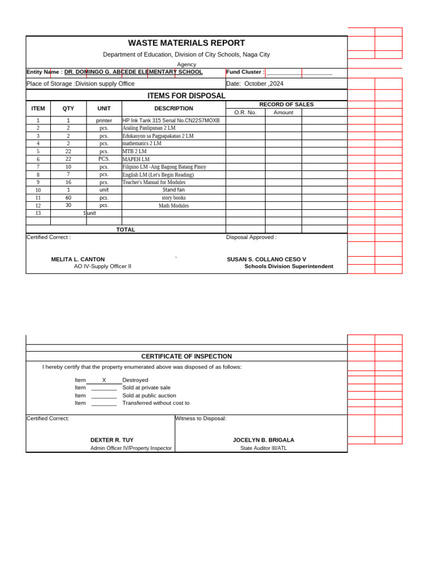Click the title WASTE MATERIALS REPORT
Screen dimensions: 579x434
[186, 43]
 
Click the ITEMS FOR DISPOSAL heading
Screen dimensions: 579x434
[186, 96]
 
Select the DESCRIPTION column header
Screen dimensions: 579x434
[173, 109]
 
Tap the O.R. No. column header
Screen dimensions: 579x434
[245, 113]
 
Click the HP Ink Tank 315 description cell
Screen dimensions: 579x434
[171, 120]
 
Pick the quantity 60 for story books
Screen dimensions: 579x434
[68, 198]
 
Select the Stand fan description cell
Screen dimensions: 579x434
[173, 190]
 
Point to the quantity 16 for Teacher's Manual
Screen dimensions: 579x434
[68, 182]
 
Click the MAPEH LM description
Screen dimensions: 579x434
[136, 159]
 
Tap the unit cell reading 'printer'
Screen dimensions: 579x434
[104, 120]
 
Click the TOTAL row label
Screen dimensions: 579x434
[125, 230]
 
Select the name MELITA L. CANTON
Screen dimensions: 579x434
[78, 260]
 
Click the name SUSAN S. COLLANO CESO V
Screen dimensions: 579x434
[266, 260]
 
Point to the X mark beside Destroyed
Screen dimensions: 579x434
[104, 380]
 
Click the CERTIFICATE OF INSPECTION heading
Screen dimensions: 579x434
[186, 356]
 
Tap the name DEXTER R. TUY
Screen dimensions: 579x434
[112, 440]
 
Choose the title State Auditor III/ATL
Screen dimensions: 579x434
[263, 448]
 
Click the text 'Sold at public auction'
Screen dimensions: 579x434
[149, 395]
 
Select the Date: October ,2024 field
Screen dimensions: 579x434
[255, 84]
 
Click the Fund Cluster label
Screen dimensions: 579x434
[245, 72]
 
